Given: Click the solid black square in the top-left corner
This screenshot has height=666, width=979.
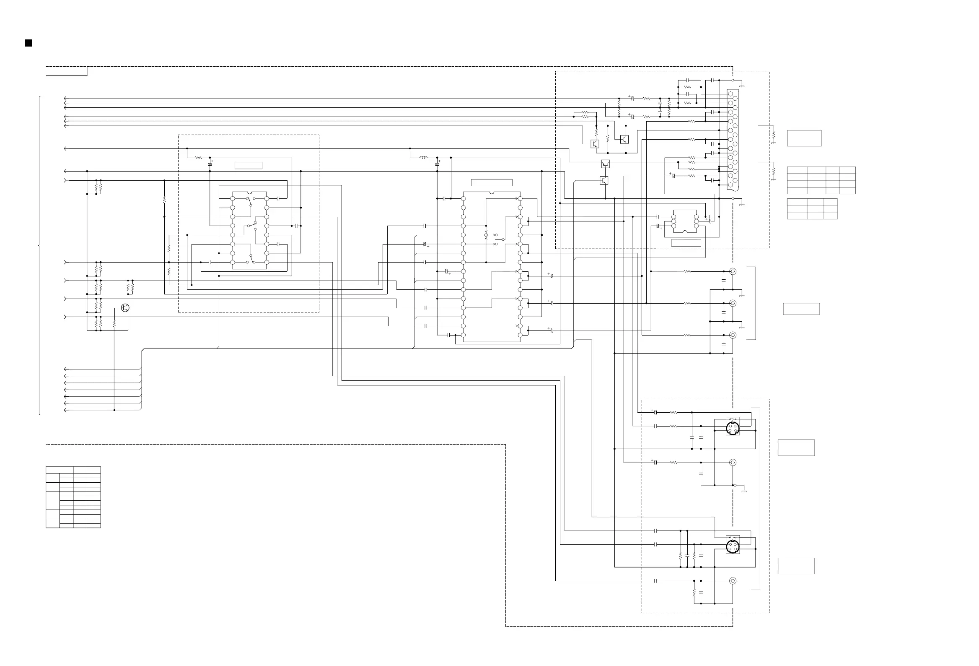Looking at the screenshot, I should [28, 43].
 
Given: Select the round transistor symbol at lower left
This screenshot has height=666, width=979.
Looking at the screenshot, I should [125, 308].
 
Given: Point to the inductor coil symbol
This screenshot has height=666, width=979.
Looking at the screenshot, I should [423, 158].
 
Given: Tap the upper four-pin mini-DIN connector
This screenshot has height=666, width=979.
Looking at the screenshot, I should [733, 428].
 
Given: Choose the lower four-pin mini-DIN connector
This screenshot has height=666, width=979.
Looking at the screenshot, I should [733, 547].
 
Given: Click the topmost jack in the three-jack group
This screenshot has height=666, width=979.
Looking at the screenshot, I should [733, 271].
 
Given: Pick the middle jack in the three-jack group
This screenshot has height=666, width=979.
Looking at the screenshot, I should [733, 303].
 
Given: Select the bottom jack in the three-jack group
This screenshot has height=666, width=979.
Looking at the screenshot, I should [733, 335].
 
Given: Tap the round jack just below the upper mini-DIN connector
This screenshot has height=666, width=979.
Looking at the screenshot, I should [733, 463].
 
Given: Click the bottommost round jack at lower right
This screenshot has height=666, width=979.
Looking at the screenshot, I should [733, 581].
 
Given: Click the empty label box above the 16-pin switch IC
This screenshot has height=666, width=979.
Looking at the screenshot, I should [248, 166].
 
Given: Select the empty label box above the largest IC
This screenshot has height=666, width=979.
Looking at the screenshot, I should [491, 182].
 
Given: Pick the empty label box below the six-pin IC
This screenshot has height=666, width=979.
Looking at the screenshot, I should [686, 243].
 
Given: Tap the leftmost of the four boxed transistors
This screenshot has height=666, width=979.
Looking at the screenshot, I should [595, 144].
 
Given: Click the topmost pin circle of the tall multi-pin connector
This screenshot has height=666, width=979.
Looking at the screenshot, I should [730, 94].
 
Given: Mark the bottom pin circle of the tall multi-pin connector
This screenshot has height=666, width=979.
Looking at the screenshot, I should [730, 185].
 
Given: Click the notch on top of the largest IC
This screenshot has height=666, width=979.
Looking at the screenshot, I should [492, 193].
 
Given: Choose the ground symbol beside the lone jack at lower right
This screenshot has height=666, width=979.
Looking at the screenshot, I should [744, 490].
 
